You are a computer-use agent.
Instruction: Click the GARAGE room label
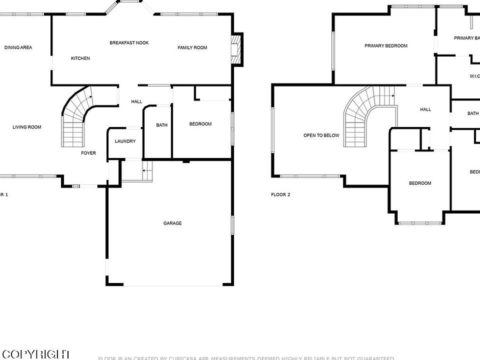(172, 223)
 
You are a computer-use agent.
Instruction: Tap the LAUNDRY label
(125, 141)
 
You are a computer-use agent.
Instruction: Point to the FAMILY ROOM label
(192, 48)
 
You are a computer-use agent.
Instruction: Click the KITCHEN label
(80, 58)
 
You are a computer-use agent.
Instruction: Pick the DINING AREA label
(18, 48)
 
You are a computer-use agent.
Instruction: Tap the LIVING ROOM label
(27, 127)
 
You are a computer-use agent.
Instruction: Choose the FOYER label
(88, 153)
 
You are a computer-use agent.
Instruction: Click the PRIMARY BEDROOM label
(386, 46)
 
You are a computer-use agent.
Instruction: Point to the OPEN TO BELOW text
(321, 135)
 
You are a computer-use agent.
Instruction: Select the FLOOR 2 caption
(280, 194)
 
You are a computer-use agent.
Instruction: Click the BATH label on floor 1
(162, 125)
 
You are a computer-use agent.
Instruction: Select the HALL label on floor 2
(425, 109)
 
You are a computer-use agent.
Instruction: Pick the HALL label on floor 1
(136, 102)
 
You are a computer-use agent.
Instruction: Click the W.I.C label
(474, 76)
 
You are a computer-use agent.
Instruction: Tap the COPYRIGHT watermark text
(35, 354)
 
